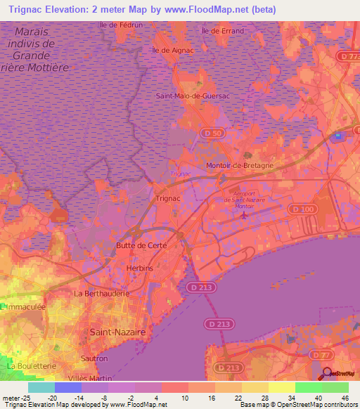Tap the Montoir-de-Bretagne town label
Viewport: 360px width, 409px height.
point(240,165)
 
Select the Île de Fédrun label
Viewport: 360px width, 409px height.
point(122,25)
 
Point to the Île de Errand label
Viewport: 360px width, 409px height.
point(223,31)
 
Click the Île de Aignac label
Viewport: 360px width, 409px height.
point(172,51)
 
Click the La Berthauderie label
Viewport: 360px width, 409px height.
point(101,293)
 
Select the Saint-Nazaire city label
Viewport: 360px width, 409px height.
point(117,330)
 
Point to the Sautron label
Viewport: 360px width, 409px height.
point(94,358)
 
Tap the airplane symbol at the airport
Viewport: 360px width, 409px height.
point(243,215)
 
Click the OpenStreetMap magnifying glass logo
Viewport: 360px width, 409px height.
point(327,372)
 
